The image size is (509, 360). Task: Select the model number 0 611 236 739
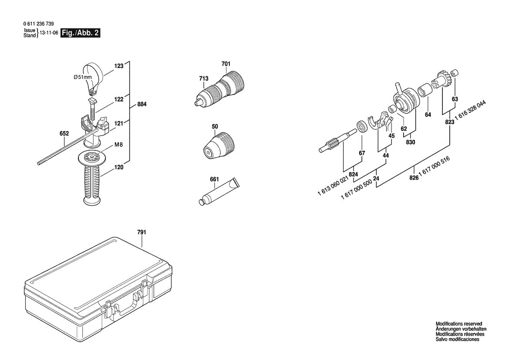[x=39, y=24]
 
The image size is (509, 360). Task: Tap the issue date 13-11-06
[x=49, y=33]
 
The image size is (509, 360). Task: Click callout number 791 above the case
[x=142, y=232]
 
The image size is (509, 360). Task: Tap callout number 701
[x=226, y=64]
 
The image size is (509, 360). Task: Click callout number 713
[x=204, y=78]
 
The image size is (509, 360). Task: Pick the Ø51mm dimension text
[x=83, y=77]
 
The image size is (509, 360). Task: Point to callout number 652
[x=64, y=134]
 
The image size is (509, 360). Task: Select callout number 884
[x=142, y=105]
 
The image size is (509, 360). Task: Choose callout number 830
[x=410, y=142]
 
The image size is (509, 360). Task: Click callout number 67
[x=362, y=153]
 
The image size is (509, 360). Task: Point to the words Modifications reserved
[x=459, y=324]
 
